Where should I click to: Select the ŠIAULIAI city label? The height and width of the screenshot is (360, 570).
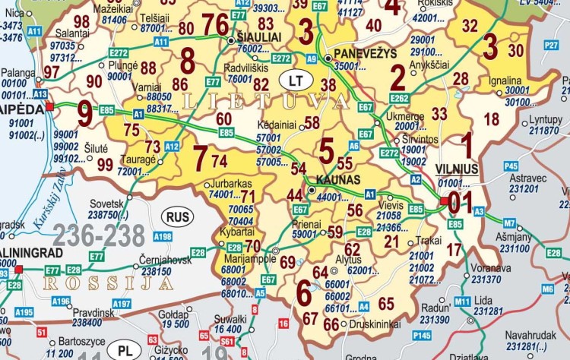pyautogui.click(x=259, y=36)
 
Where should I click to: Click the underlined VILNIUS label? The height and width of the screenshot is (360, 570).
pyautogui.click(x=457, y=169)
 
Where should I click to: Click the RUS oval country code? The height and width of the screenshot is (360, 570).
pyautogui.click(x=177, y=217)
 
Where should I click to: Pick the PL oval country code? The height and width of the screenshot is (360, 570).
pyautogui.click(x=123, y=350)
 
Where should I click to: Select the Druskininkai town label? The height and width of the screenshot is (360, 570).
pyautogui.click(x=375, y=324)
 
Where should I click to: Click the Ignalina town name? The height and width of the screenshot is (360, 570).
pyautogui.click(x=505, y=81)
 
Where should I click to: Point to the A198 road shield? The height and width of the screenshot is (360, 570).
pyautogui.click(x=163, y=237)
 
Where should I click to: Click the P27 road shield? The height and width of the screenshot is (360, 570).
pyautogui.click(x=552, y=45)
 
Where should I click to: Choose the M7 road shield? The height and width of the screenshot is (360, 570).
pyautogui.click(x=509, y=223)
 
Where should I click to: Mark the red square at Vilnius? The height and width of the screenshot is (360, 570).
pyautogui.click(x=444, y=201)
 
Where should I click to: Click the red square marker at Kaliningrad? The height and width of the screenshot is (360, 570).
pyautogui.click(x=19, y=269)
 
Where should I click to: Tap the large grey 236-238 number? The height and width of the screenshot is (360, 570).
pyautogui.click(x=99, y=236)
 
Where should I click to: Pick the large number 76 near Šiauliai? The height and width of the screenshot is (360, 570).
pyautogui.click(x=215, y=25)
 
